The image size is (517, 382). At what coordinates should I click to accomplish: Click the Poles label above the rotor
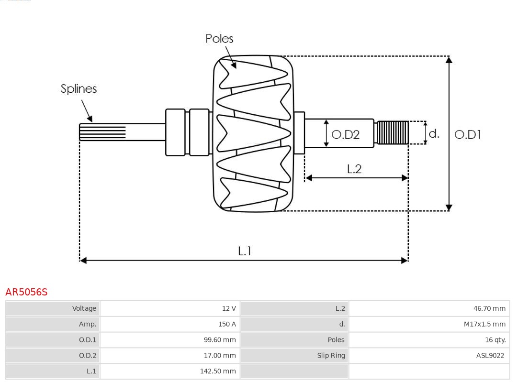[219, 39]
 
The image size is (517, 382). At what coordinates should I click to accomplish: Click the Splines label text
[79, 89]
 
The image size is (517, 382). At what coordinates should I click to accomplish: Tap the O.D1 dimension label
[467, 135]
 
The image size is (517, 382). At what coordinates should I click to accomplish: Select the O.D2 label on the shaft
[345, 135]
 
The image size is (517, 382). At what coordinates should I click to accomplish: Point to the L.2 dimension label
[354, 169]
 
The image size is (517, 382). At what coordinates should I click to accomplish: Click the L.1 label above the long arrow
[245, 251]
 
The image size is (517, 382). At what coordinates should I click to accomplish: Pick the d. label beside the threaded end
[434, 133]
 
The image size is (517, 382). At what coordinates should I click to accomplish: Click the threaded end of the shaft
[392, 132]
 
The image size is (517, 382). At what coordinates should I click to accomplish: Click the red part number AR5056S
[26, 292]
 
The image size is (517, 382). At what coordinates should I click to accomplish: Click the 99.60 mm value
[219, 340]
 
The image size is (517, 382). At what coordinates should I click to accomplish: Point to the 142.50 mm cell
[218, 371]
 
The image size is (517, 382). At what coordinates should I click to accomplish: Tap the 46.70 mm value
[489, 308]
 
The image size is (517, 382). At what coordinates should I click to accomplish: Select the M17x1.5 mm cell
[484, 324]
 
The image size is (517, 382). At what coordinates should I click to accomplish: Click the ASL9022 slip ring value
[490, 355]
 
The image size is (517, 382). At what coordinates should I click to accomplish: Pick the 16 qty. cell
[495, 340]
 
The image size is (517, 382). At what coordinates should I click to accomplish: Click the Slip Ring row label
[331, 355]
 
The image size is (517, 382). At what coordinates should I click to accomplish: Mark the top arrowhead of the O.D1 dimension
[449, 60]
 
